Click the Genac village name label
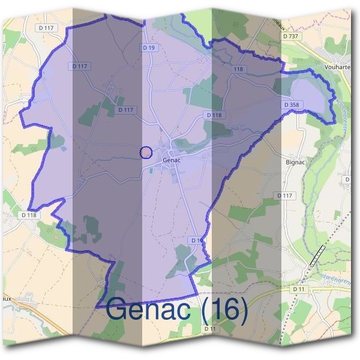(172, 161)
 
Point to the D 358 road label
(291, 105)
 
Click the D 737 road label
(291, 36)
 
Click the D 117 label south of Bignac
(285, 196)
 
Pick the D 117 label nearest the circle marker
(125, 110)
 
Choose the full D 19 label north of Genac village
(149, 47)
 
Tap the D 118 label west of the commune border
(29, 214)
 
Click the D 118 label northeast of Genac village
(214, 115)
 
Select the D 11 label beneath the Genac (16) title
(209, 329)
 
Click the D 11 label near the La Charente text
(299, 289)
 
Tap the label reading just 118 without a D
(239, 70)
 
